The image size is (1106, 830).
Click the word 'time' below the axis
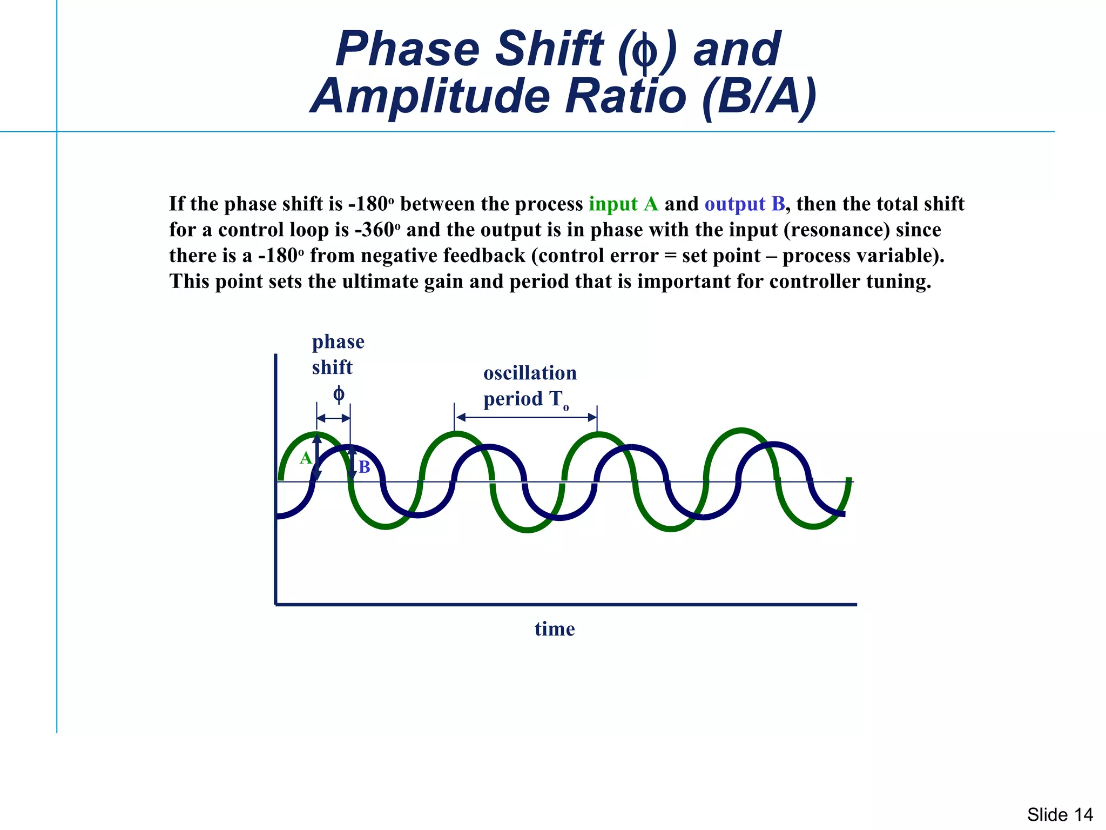[555, 629]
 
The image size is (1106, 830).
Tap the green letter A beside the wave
[306, 458]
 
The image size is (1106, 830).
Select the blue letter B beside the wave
[365, 467]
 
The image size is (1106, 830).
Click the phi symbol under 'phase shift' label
[339, 394]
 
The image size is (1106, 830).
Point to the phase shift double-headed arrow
[333, 418]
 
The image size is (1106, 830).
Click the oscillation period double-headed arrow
[526, 417]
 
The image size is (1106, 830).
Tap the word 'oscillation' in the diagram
[530, 373]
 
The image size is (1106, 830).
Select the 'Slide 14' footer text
[1060, 814]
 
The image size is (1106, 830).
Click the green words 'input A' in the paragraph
[623, 204]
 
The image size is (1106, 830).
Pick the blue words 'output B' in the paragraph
[745, 204]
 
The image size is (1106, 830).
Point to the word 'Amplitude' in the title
[431, 96]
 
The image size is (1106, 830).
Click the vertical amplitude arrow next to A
[317, 457]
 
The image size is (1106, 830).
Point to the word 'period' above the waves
[512, 399]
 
